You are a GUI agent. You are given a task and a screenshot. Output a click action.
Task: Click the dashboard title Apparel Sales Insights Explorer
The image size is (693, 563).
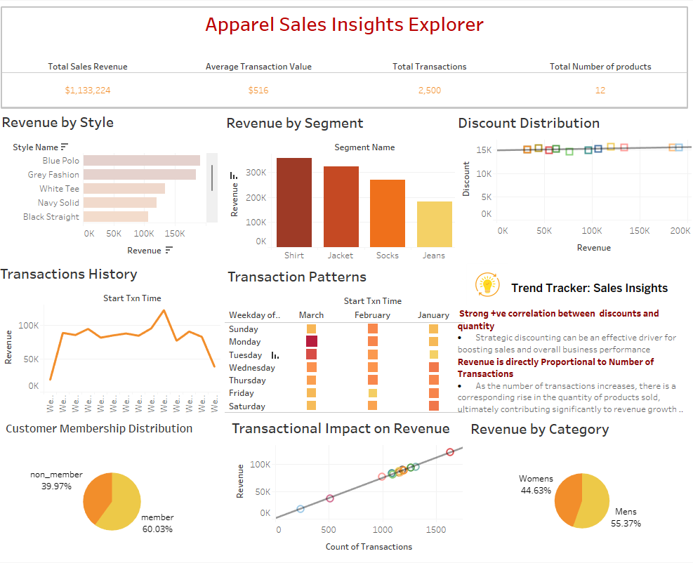coord(344,25)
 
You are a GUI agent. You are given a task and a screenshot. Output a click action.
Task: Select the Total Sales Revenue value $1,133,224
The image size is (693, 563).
coord(88,91)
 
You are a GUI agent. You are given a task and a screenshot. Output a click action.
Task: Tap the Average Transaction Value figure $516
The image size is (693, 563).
coord(258,91)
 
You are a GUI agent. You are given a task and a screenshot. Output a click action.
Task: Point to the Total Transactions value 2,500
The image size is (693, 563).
coord(429,91)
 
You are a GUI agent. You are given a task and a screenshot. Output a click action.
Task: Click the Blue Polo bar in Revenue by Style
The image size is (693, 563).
coord(141,161)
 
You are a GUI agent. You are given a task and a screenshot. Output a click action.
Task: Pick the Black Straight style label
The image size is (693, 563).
coord(51,217)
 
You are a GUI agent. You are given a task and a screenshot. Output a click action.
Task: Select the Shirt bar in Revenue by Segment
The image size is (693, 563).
coord(294,202)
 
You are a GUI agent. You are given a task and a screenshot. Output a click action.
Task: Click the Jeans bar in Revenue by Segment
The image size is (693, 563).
coord(434,224)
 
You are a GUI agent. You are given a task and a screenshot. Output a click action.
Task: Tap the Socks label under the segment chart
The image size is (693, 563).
coord(387,256)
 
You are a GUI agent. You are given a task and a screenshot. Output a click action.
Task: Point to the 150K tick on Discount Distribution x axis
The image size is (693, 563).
coord(639,230)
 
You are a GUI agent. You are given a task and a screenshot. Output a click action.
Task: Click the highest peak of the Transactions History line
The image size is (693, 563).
coord(164,310)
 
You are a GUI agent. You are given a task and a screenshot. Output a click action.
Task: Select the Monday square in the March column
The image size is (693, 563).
coord(311,342)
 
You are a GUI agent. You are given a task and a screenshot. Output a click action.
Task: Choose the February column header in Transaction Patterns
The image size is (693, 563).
coord(372,315)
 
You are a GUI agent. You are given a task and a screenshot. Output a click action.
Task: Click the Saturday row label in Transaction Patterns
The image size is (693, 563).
coord(247,406)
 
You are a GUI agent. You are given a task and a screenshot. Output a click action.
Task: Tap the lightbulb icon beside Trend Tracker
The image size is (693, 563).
coord(487,284)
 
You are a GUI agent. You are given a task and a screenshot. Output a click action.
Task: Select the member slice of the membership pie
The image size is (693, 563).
coord(123,505)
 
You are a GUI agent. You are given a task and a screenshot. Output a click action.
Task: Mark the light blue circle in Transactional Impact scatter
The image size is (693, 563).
coord(301,509)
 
